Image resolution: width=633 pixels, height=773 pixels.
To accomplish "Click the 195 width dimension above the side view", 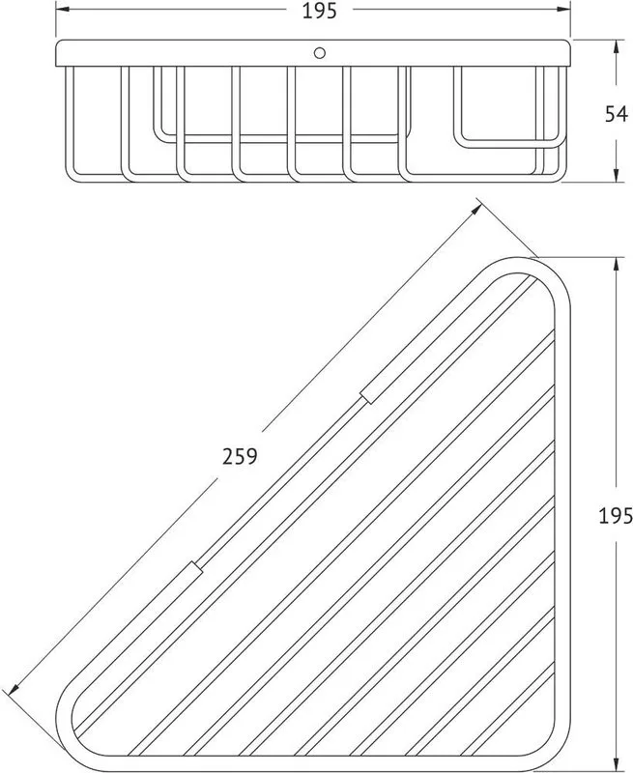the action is [x=319, y=11].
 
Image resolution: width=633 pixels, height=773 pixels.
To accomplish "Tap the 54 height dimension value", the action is [x=617, y=114].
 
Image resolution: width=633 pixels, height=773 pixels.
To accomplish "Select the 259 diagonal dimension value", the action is [x=240, y=456].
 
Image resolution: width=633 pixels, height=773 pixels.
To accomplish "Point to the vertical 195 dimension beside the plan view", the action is [x=616, y=516].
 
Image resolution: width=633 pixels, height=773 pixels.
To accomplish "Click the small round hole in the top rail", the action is [x=320, y=53].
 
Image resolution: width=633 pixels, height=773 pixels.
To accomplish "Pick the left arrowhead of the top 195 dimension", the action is [x=62, y=9].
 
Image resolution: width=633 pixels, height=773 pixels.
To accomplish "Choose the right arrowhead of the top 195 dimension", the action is [x=563, y=9].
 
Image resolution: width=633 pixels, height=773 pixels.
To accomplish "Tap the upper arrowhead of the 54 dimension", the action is [x=616, y=47].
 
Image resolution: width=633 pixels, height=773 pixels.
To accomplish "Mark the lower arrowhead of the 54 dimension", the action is [x=616, y=175].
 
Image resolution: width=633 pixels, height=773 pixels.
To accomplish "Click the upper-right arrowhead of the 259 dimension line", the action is [x=475, y=210].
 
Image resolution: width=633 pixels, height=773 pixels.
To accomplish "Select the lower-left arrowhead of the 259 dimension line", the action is [x=14, y=689].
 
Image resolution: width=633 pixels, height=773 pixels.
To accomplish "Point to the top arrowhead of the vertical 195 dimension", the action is [x=616, y=264].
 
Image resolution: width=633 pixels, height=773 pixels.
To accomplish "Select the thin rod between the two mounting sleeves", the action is [x=281, y=482].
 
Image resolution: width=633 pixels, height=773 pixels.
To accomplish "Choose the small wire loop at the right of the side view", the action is [x=507, y=143].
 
